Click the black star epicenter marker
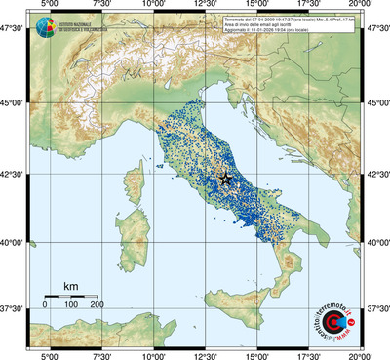click(x=226, y=179)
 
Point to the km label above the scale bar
click(x=70, y=286)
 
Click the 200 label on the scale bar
click(x=97, y=305)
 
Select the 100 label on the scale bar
click(x=71, y=305)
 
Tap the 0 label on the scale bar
click(x=45, y=305)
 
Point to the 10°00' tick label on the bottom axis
click(x=152, y=354)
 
